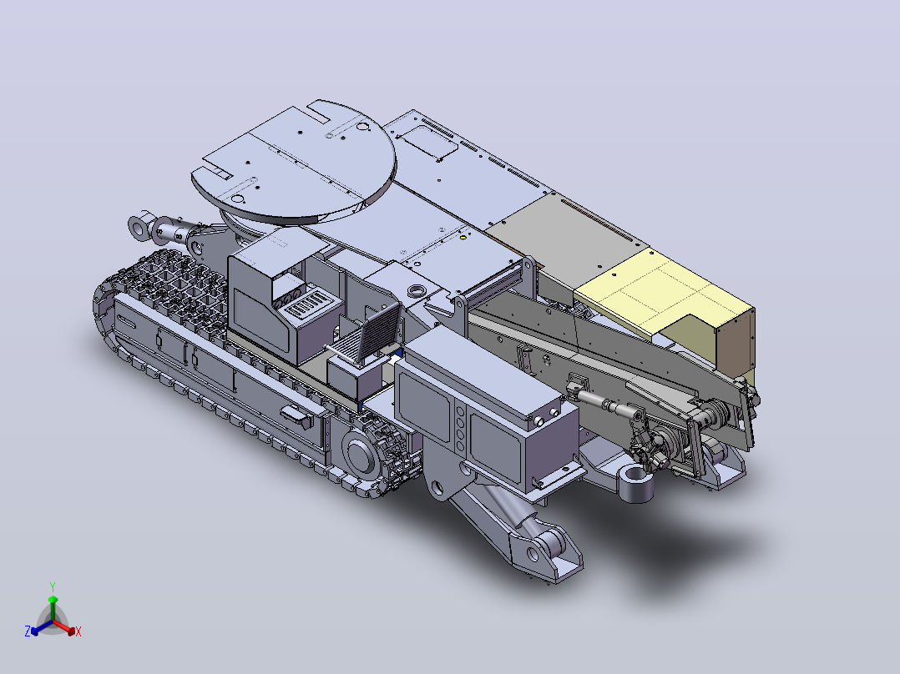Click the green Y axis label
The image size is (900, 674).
(x=53, y=586)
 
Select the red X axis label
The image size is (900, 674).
(x=78, y=631)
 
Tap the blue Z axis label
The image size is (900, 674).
(x=28, y=631)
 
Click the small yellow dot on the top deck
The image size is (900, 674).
(x=463, y=236)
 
